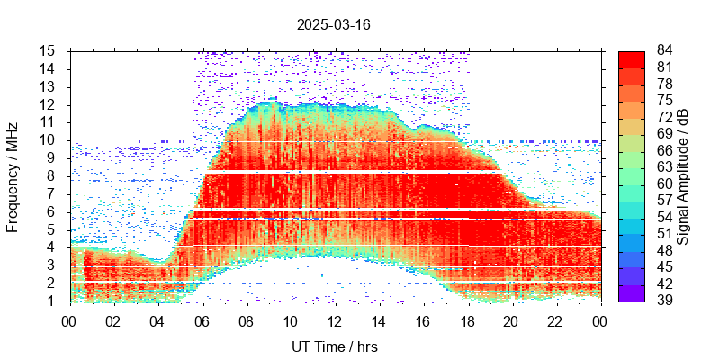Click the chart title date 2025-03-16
coord(333,24)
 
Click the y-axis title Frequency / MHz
coord(13,175)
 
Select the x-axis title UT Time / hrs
coord(333,346)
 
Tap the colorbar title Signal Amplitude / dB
coord(684,175)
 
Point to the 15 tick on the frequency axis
coord(49,50)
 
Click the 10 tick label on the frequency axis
coord(49,140)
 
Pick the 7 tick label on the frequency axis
coord(53,193)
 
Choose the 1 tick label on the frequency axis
coord(53,301)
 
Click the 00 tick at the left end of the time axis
coord(69,320)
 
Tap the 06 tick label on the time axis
coord(202,320)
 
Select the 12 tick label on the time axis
coord(335,320)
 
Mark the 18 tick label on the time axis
coord(467,320)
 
